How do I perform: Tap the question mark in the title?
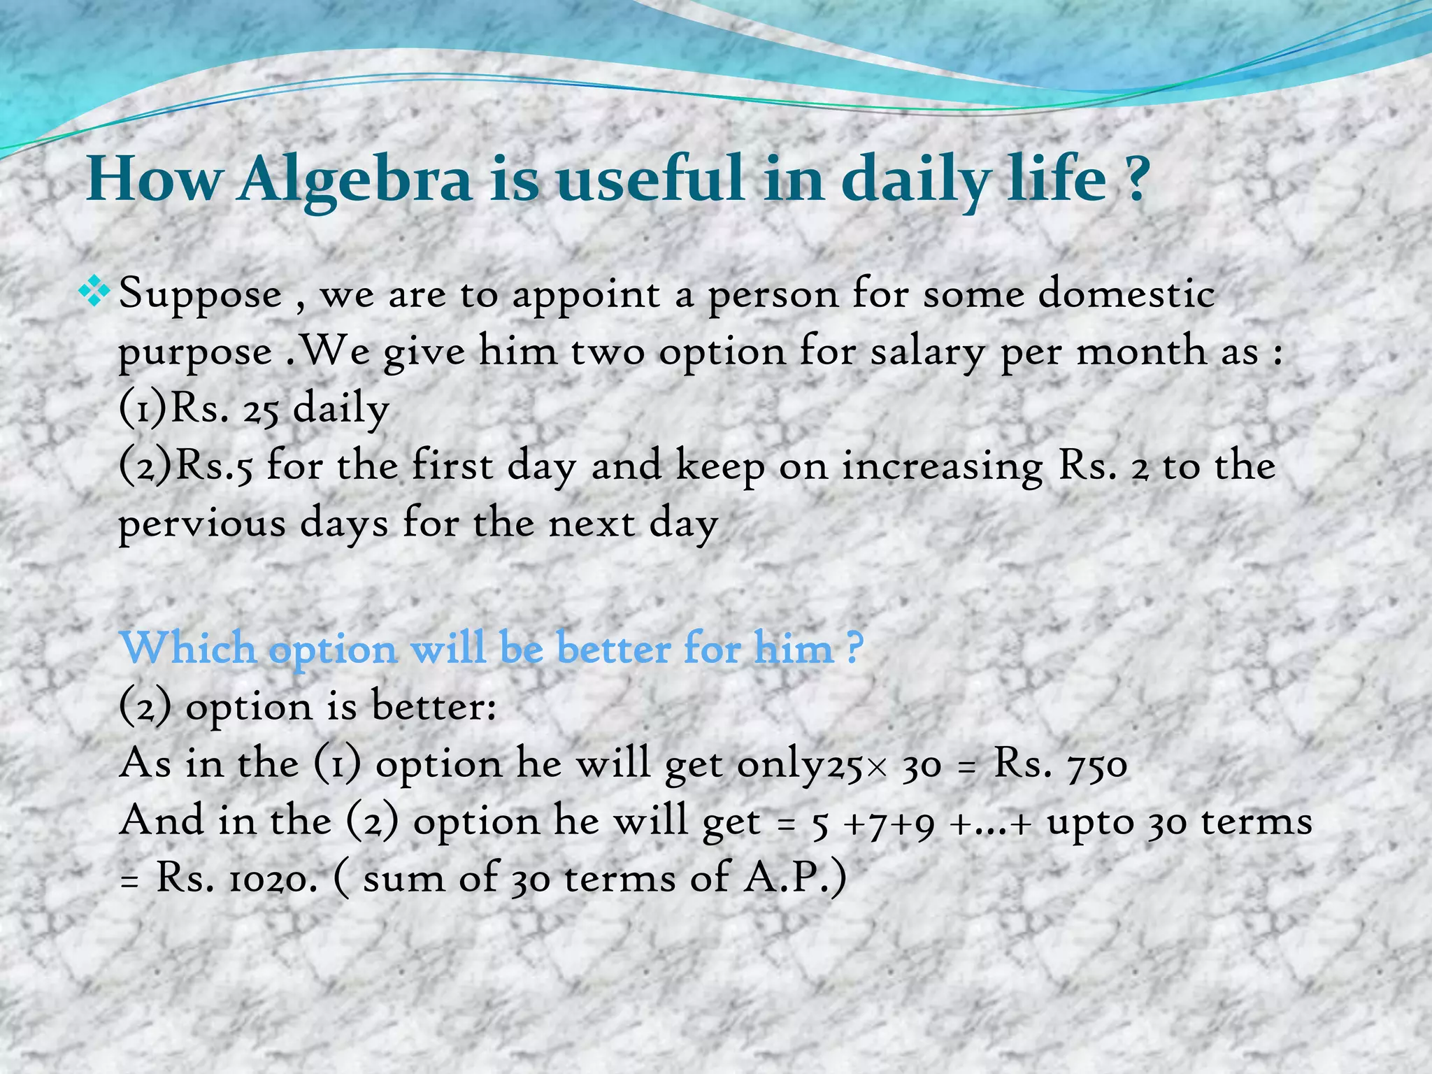pos(1138,180)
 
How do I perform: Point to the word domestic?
pos(1126,294)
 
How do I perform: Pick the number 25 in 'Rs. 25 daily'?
pos(262,410)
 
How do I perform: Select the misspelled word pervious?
pos(202,524)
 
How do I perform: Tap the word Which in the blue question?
pos(188,648)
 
